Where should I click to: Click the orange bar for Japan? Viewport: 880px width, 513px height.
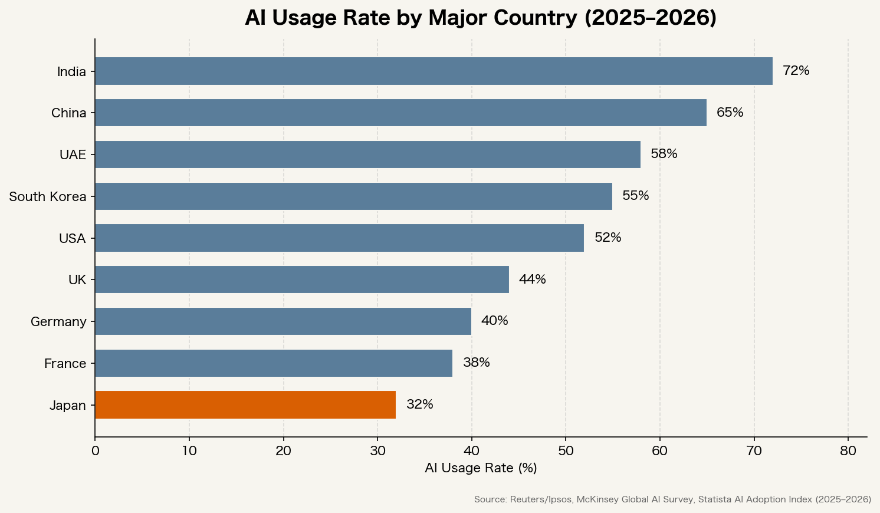245,405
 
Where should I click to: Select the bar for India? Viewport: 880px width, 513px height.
434,71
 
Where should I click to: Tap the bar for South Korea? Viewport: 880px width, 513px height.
353,196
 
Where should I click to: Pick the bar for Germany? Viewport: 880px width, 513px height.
283,321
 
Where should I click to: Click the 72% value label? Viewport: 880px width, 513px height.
796,71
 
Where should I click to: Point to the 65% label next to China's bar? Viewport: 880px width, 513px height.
730,113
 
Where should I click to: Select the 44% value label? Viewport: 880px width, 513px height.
532,279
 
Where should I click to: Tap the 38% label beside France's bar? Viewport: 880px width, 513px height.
476,363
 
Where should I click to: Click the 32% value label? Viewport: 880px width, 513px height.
419,405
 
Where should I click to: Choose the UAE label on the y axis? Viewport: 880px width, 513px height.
73,155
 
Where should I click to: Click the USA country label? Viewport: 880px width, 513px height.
72,239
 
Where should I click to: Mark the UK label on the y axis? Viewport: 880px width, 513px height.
77,280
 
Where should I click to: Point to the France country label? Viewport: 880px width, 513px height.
65,364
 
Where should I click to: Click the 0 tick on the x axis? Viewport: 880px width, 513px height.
95,451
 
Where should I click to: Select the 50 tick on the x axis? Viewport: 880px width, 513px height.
566,451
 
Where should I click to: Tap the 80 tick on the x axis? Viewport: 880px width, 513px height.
848,451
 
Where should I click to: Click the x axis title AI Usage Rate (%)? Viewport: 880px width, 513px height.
481,468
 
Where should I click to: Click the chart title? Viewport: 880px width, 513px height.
481,18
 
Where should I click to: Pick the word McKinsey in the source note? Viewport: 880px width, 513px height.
596,499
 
